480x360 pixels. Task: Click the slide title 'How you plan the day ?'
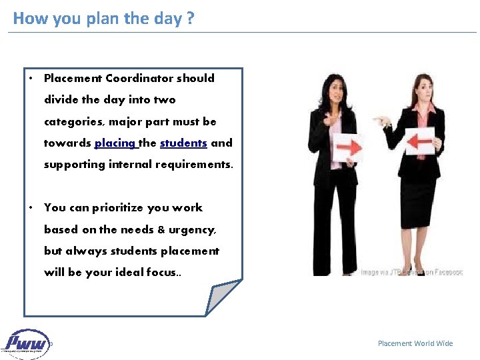tap(103, 18)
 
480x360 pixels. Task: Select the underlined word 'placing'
tap(115, 143)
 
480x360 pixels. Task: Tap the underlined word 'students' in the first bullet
tap(183, 143)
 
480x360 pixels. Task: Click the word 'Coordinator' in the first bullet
tap(139, 78)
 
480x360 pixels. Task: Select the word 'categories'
tap(73, 121)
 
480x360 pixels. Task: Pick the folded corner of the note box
tap(223, 296)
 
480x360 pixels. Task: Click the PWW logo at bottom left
tap(27, 343)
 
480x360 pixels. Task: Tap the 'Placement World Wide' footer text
tap(415, 343)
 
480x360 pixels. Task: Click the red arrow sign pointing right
tap(346, 144)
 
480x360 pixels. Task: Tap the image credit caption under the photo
tap(411, 272)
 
